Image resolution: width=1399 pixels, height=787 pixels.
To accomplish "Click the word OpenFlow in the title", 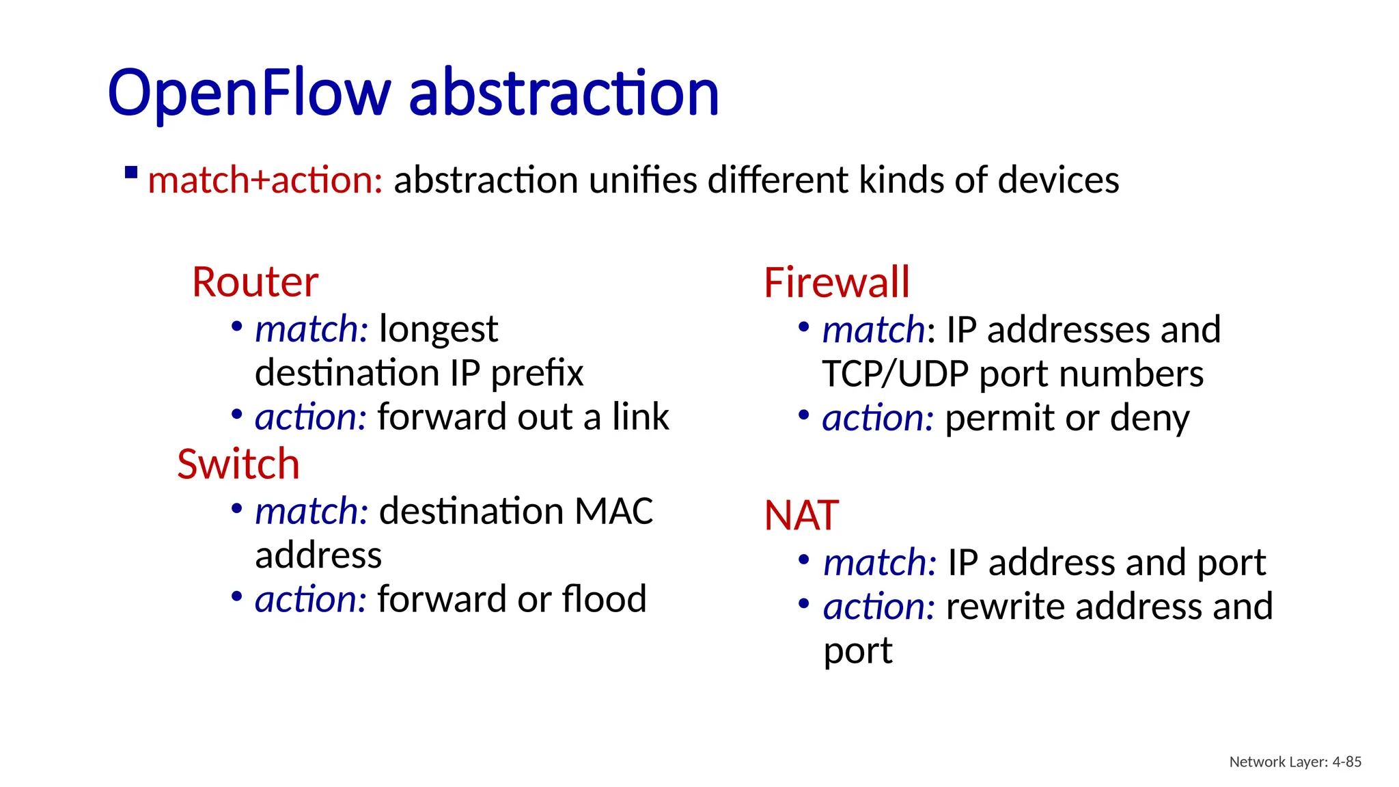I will click(x=249, y=93).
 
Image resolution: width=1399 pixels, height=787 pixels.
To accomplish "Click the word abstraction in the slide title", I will click(x=564, y=93).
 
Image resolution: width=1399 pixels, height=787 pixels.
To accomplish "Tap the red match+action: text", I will click(x=265, y=180).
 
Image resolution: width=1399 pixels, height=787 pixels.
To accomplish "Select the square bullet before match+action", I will click(x=131, y=172).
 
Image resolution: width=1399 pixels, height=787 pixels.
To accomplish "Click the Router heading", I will click(x=255, y=281).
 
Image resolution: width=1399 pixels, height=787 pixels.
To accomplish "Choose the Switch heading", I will click(x=238, y=464).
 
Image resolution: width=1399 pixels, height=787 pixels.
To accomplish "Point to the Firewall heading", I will click(x=837, y=282).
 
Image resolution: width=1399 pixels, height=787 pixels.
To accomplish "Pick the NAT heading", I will click(x=801, y=515).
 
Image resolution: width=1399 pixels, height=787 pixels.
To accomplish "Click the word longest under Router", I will click(x=438, y=330).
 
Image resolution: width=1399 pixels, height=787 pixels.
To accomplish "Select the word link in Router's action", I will click(x=640, y=417).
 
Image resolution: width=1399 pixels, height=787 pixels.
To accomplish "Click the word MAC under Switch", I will click(x=613, y=511).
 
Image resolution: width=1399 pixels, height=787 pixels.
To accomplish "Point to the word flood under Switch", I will click(x=603, y=599).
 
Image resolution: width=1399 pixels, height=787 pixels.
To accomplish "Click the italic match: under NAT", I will click(x=879, y=563).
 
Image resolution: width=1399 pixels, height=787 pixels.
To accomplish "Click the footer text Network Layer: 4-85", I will click(x=1295, y=762).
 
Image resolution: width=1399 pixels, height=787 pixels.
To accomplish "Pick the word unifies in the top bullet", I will click(x=643, y=180).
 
